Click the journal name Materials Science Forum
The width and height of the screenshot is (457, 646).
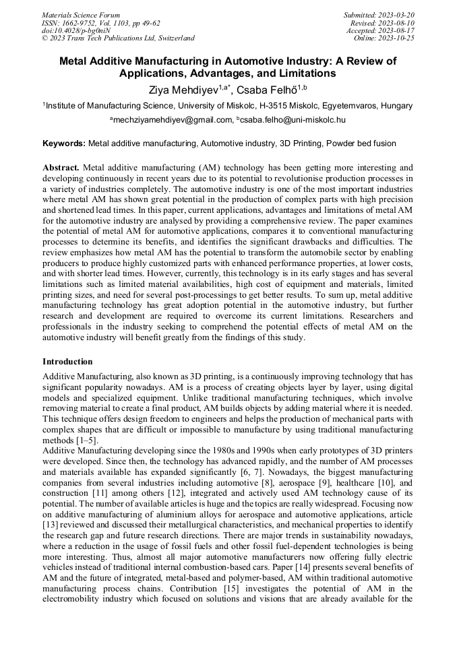(81, 14)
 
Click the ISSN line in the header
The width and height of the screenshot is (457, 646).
(101, 22)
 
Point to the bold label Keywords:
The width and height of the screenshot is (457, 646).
(64, 143)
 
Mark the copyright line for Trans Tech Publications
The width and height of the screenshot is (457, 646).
(118, 38)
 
